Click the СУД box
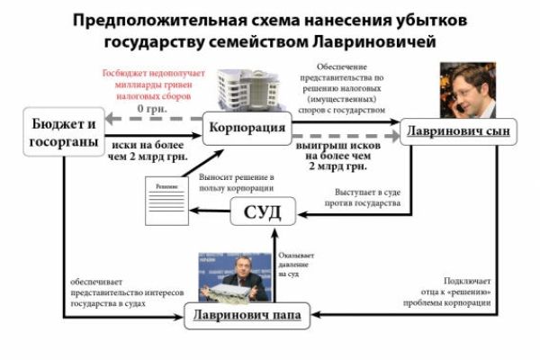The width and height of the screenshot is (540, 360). tap(264, 213)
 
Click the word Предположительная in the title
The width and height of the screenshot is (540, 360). tap(159, 19)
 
